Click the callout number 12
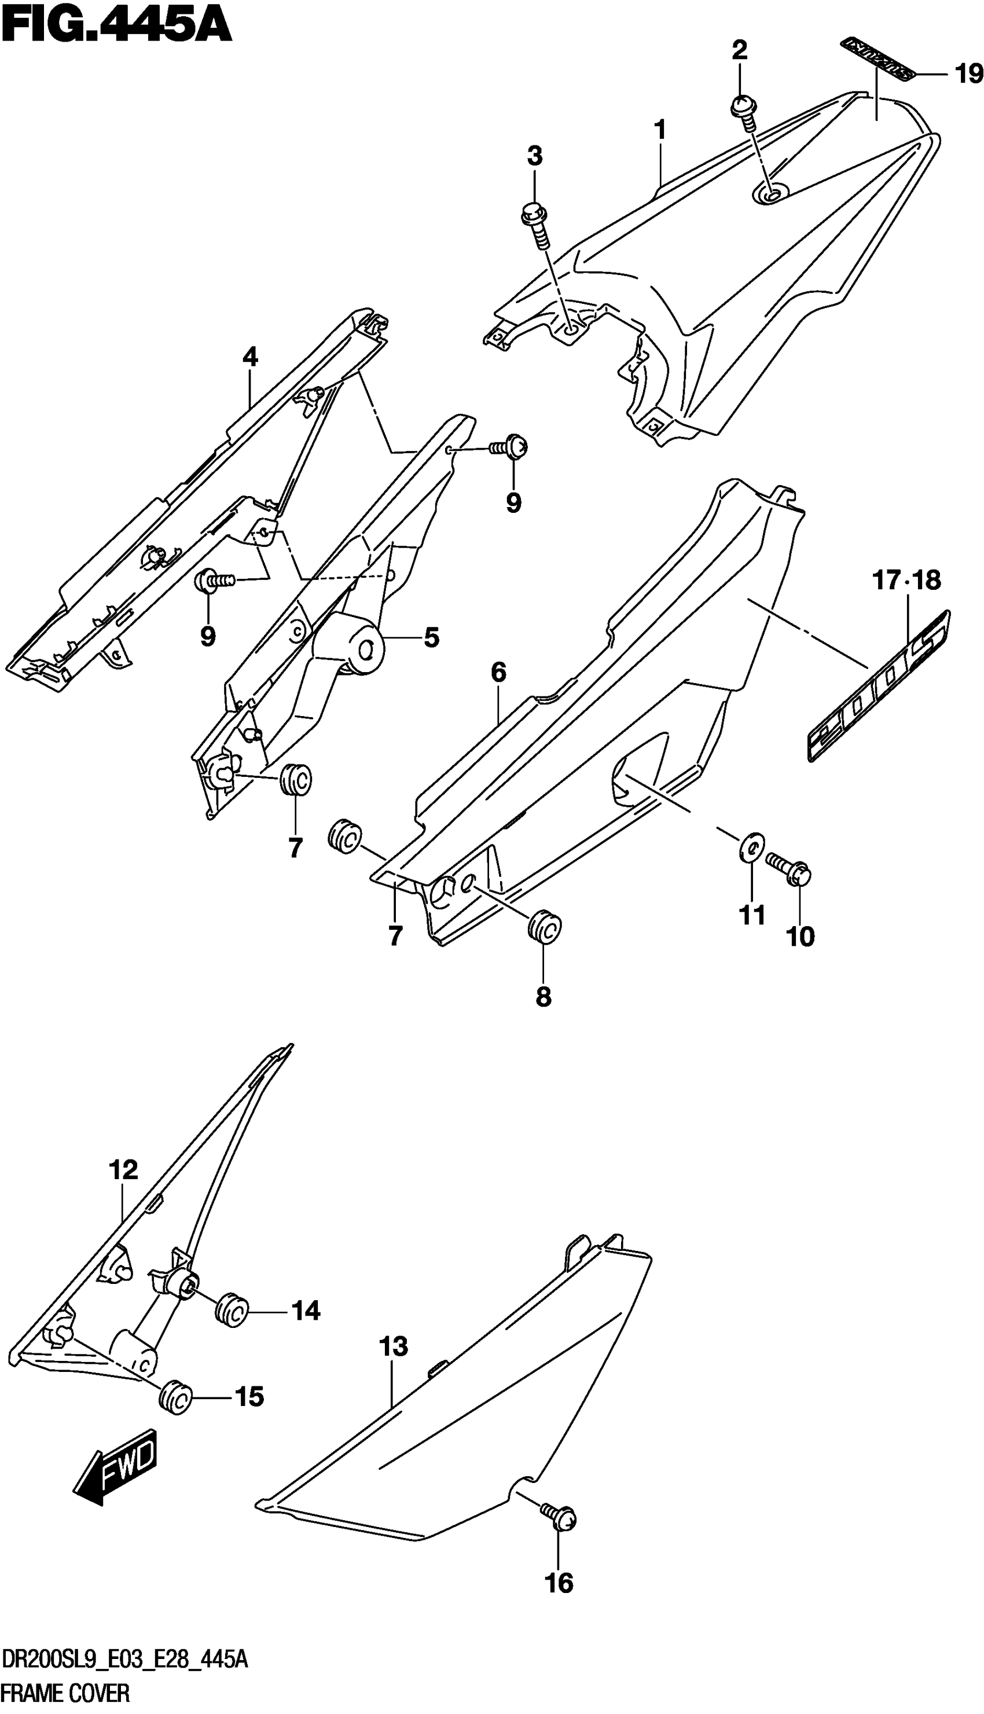pos(122,1169)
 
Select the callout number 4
pos(250,356)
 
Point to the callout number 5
pos(431,637)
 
